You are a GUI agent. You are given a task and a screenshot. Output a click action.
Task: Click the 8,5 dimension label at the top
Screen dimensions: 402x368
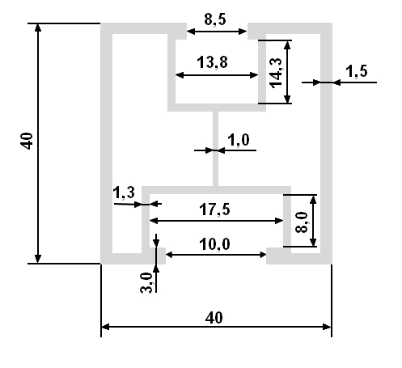[x=215, y=19]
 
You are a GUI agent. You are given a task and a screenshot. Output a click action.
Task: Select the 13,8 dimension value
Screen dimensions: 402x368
[x=212, y=62]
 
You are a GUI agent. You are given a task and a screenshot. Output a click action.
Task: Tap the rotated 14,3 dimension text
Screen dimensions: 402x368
[x=276, y=73]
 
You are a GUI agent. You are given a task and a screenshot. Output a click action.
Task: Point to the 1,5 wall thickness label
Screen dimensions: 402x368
[x=357, y=71]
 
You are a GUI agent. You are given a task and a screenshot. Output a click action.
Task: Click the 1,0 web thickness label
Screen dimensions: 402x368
[x=239, y=140]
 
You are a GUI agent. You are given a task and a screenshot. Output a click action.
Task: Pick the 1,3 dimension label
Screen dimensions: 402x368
[x=124, y=192]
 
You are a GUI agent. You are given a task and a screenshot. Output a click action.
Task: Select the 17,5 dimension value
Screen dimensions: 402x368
[x=214, y=209]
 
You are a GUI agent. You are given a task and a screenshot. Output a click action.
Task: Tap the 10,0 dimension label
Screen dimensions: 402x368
[x=214, y=244]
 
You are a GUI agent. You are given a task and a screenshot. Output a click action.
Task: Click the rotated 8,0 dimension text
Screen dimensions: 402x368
[x=302, y=222]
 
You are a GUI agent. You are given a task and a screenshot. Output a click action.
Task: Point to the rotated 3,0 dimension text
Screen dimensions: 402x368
[x=146, y=282]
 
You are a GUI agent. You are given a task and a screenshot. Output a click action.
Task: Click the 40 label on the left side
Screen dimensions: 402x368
[x=27, y=141]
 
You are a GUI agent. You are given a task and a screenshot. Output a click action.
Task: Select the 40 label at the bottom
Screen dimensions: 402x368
[x=214, y=318]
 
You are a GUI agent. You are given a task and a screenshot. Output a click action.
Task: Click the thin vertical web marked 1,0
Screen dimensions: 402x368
[x=215, y=149]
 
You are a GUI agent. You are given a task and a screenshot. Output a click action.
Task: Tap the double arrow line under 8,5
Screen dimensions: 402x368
[x=217, y=32]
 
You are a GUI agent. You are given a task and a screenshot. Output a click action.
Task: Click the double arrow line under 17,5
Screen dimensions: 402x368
[x=216, y=221]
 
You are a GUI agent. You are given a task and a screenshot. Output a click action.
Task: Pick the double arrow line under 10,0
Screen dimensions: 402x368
[x=216, y=255]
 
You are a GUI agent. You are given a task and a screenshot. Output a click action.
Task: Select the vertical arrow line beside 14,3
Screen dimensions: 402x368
[x=287, y=72]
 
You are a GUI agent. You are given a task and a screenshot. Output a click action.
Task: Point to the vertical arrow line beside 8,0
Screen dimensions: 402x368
[x=313, y=221]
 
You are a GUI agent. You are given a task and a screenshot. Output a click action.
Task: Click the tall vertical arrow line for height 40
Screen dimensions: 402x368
[x=38, y=143]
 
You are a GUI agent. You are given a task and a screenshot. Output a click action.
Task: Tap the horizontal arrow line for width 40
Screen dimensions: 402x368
[x=216, y=327]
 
